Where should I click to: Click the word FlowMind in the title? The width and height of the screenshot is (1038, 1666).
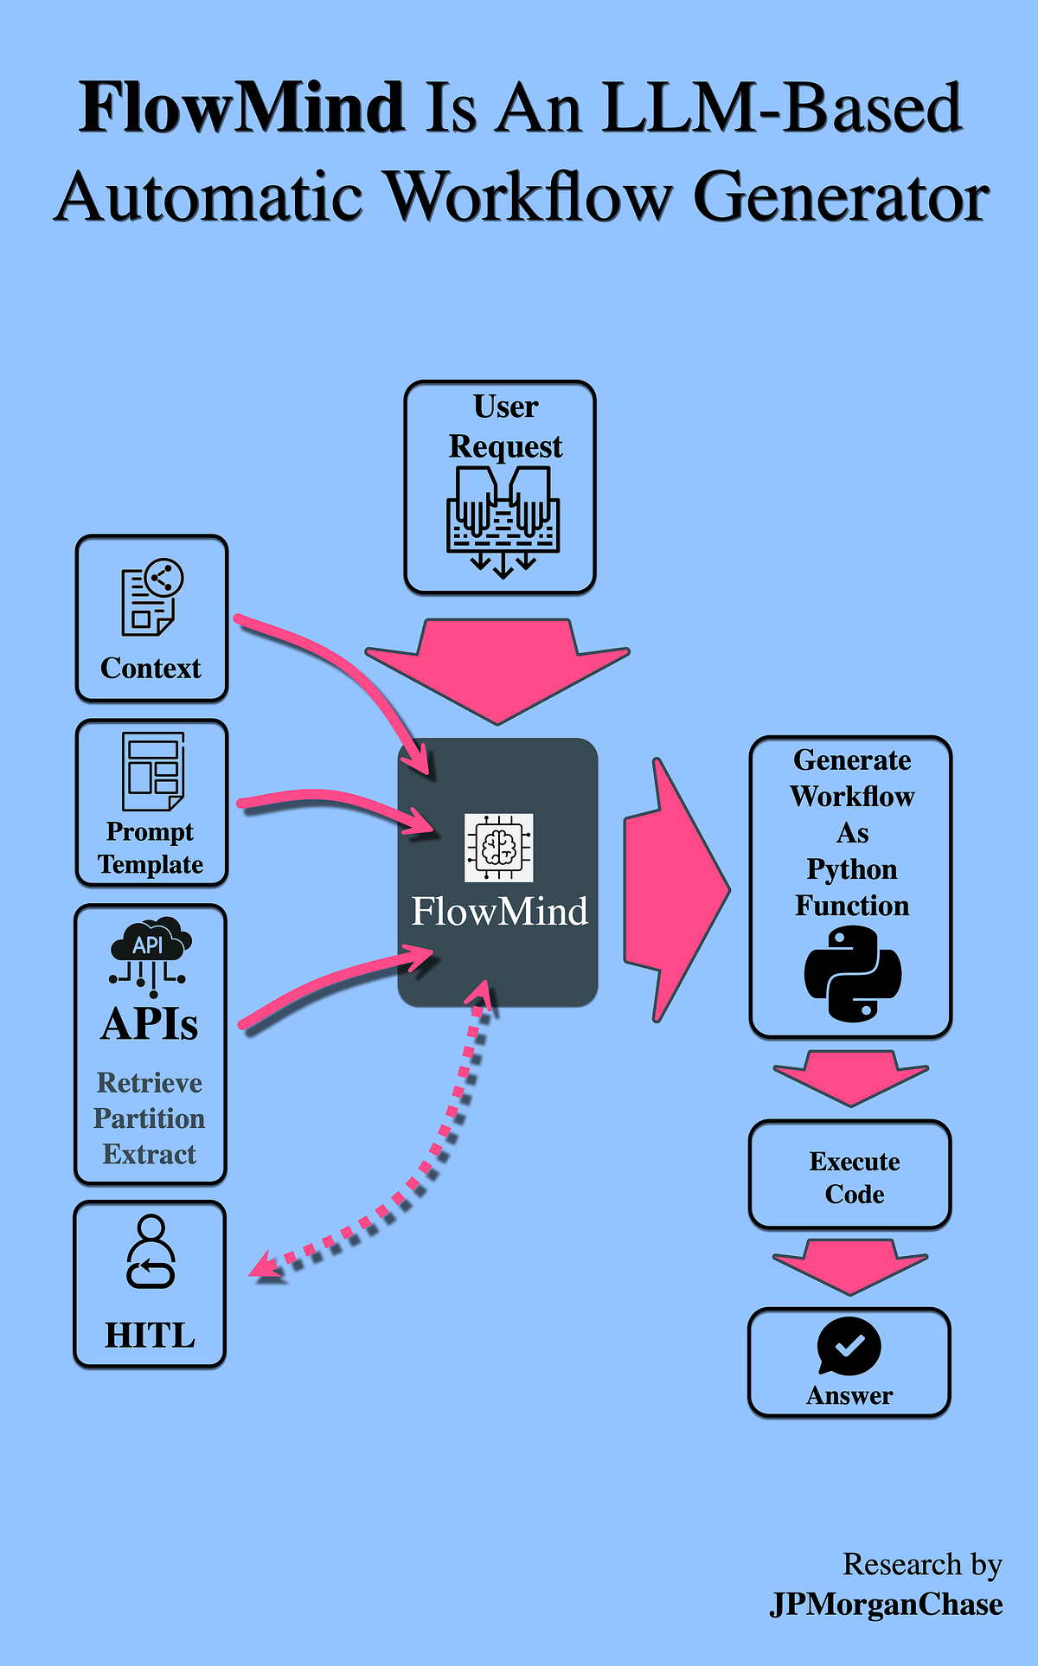[242, 108]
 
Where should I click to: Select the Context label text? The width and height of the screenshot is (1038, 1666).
[151, 668]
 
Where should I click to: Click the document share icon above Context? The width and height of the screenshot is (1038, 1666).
[152, 597]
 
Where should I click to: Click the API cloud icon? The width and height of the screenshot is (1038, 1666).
[151, 952]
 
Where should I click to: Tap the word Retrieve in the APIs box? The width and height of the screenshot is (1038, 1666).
[150, 1083]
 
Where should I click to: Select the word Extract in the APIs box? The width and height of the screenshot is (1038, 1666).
[150, 1154]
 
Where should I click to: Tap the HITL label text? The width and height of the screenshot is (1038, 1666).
[150, 1336]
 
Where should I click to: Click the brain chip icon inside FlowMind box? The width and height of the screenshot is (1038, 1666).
[498, 848]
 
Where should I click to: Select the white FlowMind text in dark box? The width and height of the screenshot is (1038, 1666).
[499, 912]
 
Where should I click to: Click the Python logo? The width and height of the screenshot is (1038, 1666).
[852, 973]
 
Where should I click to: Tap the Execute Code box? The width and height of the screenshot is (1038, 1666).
[849, 1175]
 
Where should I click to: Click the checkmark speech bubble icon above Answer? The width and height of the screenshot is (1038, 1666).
[849, 1346]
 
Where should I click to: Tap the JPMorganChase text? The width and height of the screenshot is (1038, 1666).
[886, 1605]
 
